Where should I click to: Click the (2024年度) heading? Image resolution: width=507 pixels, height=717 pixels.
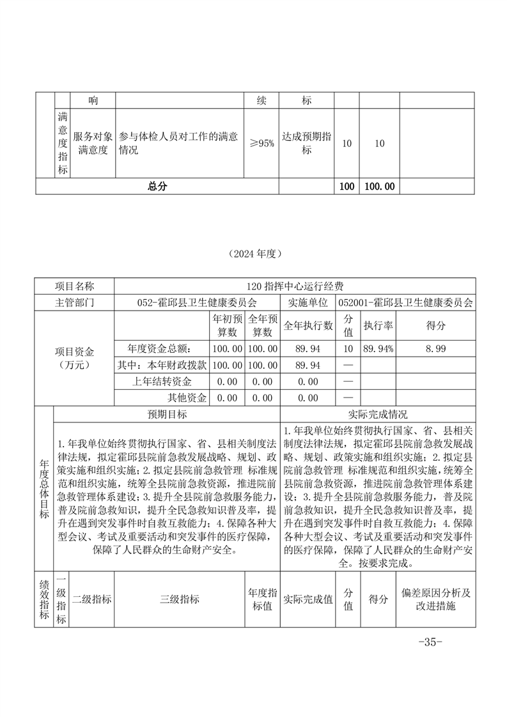coord(254,253)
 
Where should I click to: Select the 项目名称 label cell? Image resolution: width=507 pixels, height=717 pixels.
coord(74,286)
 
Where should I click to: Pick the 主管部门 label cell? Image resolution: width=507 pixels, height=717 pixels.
coord(74,302)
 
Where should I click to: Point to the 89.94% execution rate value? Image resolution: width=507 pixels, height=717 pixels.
coord(378,348)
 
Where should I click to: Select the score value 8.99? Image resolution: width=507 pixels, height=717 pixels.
coord(437,348)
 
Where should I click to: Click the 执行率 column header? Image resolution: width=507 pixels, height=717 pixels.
coord(378,325)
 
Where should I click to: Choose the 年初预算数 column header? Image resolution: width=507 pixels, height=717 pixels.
coord(226,325)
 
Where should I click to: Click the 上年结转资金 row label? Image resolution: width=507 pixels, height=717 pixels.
coord(170,382)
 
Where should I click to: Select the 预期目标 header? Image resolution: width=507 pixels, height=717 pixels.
coord(167,414)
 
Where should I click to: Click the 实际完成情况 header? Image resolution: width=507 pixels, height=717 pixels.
coord(377,414)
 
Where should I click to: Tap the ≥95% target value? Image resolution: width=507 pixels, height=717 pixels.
coord(261,144)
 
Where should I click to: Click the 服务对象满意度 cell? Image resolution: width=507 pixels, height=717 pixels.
coord(93,144)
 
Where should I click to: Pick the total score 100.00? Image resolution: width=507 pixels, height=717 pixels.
coord(378,186)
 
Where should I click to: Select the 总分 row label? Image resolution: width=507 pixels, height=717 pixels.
coord(157,186)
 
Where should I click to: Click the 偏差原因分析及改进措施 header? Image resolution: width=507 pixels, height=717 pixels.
coord(437,599)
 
